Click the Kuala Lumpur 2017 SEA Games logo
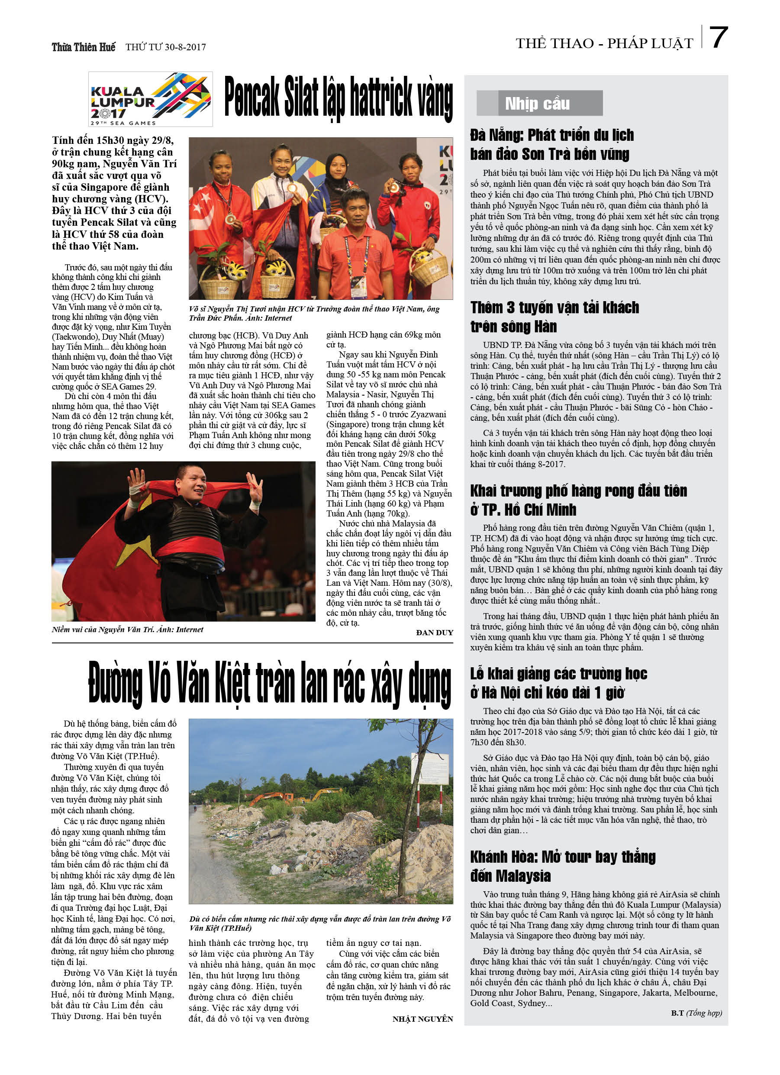[x=150, y=99]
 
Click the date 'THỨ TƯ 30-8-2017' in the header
[x=165, y=47]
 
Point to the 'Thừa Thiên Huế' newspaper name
[x=84, y=47]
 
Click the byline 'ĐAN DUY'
[x=434, y=632]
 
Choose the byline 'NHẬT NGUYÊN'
[x=422, y=1019]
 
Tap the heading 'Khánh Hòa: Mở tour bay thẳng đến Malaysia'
[x=563, y=866]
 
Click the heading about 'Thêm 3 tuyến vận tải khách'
[x=554, y=317]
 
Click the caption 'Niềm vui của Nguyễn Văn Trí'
[x=127, y=630]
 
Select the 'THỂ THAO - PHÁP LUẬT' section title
[x=604, y=43]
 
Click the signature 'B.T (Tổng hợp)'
[x=696, y=1013]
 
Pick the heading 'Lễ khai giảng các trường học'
[x=559, y=682]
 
